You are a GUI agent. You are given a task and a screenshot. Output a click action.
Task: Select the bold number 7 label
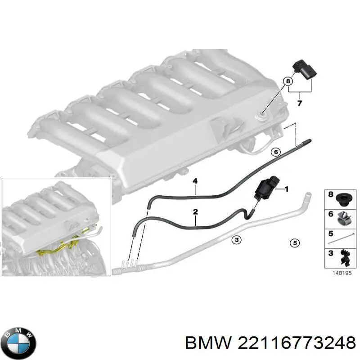[x=300, y=103]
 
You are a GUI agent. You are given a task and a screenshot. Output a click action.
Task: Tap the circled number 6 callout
[x=276, y=152]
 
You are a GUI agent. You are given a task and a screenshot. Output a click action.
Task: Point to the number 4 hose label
[x=195, y=181]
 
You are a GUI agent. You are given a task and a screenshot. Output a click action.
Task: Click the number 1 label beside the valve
[x=286, y=189]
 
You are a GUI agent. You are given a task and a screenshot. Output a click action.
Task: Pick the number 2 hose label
[x=195, y=211]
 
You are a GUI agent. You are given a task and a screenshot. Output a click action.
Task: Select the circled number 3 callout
[x=236, y=239]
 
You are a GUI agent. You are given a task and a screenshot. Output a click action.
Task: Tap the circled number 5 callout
[x=294, y=243]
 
